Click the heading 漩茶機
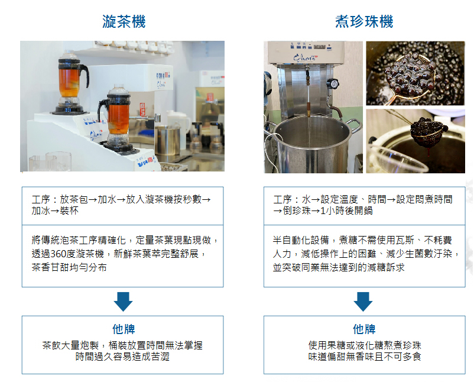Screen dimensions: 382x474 124,22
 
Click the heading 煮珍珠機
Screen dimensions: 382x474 364,22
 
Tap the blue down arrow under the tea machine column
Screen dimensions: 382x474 123,300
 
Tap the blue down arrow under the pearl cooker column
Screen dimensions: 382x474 363,300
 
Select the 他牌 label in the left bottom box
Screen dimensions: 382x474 123,329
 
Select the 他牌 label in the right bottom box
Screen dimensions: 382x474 364,329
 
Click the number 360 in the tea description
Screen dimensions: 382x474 61,254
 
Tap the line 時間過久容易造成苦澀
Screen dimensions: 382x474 122,357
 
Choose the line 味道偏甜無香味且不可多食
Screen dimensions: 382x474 364,357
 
